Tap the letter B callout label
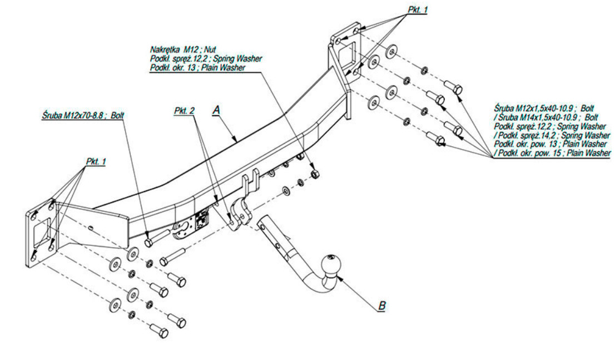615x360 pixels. click(x=381, y=305)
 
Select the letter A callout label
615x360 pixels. click(x=216, y=111)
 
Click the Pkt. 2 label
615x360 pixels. click(x=184, y=111)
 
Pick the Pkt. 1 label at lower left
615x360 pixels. click(x=96, y=161)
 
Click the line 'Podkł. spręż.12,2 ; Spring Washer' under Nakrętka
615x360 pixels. click(x=206, y=59)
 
